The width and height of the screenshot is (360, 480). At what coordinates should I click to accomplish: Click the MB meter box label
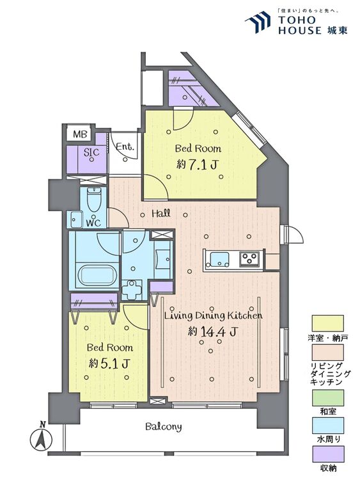pos(81,134)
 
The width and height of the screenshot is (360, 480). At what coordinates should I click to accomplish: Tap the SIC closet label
pos(91,152)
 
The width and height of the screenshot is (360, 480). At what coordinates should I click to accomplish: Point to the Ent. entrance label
pos(125,147)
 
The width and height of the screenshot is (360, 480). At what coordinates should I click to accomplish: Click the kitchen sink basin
pos(220,259)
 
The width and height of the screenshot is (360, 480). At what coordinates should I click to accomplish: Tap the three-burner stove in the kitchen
pos(249,259)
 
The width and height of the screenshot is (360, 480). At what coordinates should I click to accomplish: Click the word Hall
pos(161,213)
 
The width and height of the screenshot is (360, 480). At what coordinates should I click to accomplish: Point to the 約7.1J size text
pos(197,165)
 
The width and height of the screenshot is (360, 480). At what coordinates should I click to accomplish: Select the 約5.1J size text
pos(109,364)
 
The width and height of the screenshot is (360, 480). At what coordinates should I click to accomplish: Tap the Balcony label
pos(163,427)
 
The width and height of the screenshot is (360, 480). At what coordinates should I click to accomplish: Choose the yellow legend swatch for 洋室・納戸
pos(327,324)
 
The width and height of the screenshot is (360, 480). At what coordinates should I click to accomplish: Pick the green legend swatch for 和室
pos(327,397)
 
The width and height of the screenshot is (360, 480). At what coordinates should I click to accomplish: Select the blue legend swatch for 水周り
pos(327,425)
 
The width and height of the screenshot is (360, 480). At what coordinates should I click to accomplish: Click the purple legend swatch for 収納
pos(327,454)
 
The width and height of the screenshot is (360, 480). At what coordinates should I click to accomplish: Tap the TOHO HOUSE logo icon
pos(258,22)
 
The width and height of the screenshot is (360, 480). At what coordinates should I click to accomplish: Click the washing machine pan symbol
pos(132,290)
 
